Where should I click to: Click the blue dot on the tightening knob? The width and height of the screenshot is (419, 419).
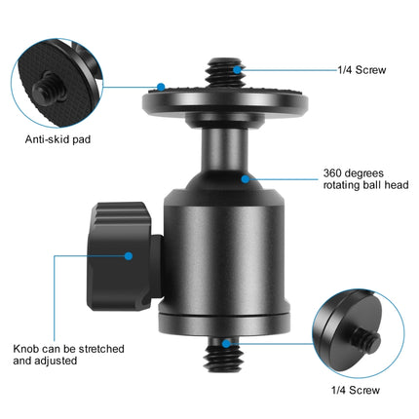pyautogui.click(x=129, y=255)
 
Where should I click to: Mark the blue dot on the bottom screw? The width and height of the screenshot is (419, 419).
pyautogui.click(x=226, y=343)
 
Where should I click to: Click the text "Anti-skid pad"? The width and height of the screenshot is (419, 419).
pyautogui.click(x=58, y=138)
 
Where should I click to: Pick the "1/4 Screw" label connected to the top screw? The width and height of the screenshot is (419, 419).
pyautogui.click(x=360, y=70)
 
